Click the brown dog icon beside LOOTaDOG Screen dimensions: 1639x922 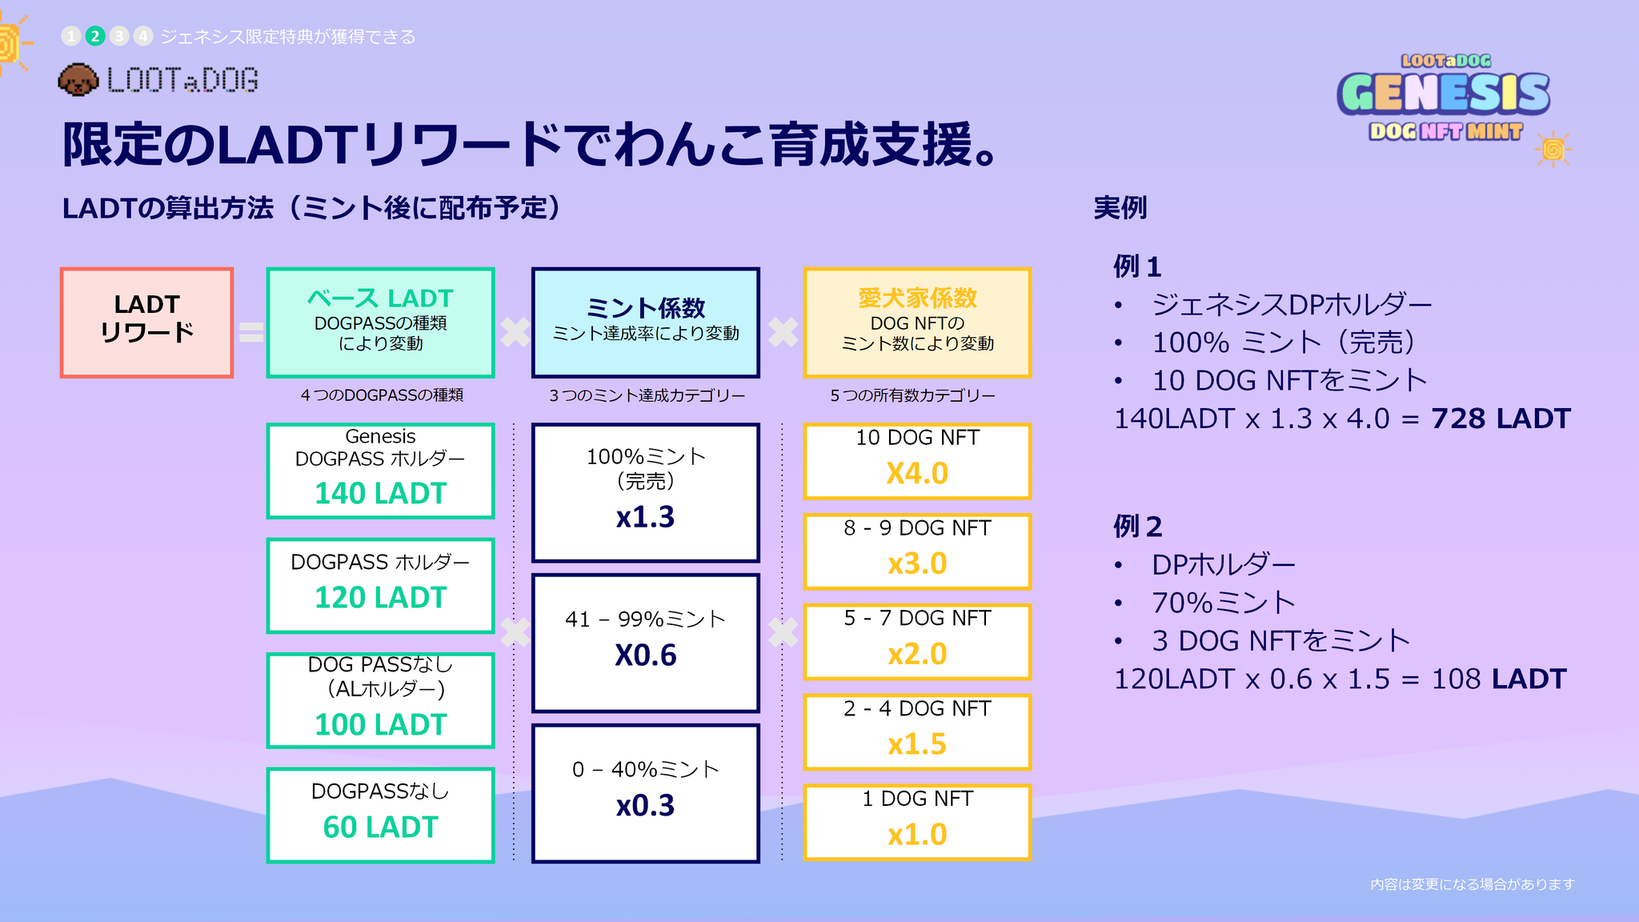[x=78, y=80]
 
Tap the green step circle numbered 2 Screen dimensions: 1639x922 [x=95, y=36]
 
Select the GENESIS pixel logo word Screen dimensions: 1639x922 [x=1444, y=93]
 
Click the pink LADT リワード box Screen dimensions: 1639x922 [x=146, y=322]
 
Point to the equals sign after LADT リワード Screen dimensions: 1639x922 [x=250, y=332]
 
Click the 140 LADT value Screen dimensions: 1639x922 [x=380, y=494]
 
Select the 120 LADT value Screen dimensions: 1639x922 [x=380, y=598]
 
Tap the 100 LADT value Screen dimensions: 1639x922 [x=380, y=725]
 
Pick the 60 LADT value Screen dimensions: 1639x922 [x=380, y=828]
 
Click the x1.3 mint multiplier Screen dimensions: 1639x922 [x=645, y=518]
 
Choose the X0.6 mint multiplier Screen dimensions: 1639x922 [x=645, y=655]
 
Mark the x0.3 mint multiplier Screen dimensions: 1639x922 [x=645, y=806]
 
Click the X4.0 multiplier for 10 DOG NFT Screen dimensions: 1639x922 [x=917, y=474]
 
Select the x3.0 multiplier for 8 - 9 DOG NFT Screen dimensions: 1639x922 [x=917, y=564]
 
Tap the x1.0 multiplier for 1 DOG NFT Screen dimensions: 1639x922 [x=917, y=835]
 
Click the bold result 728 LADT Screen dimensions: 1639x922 [x=1501, y=419]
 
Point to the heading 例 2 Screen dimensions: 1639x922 [x=1137, y=527]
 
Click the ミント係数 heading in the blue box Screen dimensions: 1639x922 [x=645, y=307]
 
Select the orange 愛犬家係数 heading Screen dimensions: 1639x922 [x=917, y=299]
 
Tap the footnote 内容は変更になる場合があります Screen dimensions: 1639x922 [x=1472, y=884]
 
